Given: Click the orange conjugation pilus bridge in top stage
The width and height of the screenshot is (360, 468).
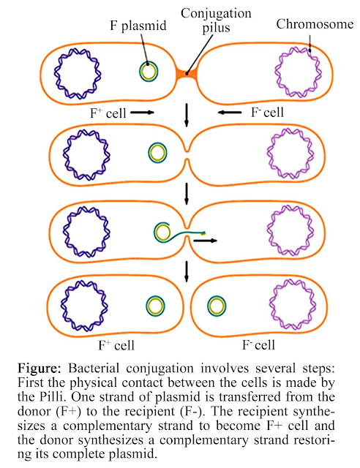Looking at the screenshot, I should click(x=187, y=72).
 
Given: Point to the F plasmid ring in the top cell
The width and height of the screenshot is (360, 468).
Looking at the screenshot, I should click(x=149, y=72).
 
